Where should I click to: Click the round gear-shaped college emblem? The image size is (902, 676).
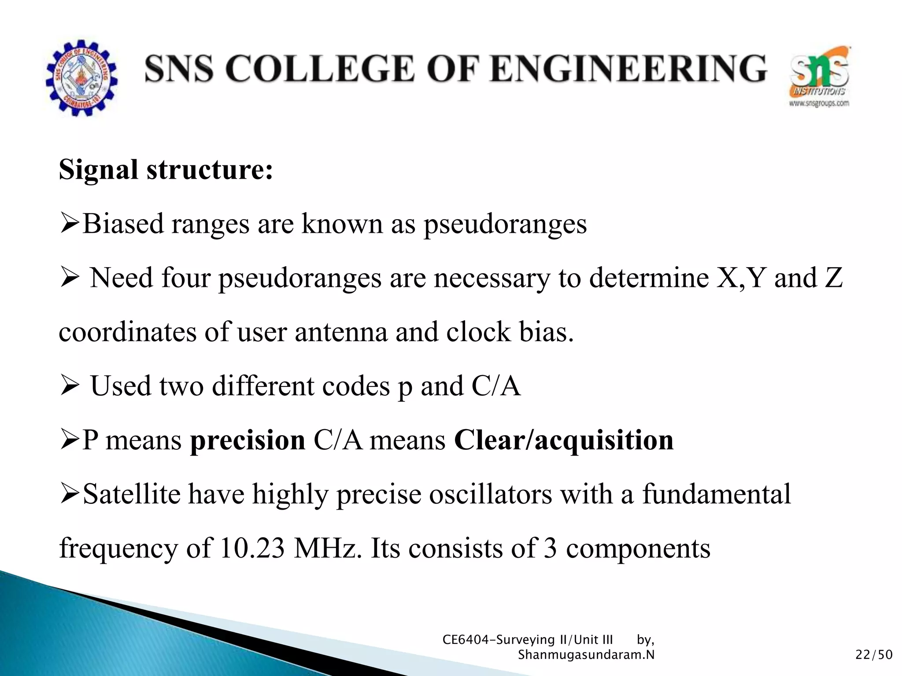[x=81, y=78]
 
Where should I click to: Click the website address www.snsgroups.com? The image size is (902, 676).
[x=819, y=104]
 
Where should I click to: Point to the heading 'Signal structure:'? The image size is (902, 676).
[x=166, y=170]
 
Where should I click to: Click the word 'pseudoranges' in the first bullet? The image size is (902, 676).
[x=505, y=224]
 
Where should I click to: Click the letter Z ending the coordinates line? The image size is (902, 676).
[x=833, y=278]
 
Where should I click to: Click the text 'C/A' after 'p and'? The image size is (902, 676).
[x=496, y=386]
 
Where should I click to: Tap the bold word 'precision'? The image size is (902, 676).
[x=248, y=440]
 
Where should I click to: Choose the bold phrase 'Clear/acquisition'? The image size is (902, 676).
[x=564, y=440]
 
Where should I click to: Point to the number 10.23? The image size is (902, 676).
[x=252, y=548]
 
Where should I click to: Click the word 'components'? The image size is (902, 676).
[x=638, y=548]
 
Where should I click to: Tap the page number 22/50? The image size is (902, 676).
[x=874, y=655]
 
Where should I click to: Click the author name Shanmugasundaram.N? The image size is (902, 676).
[x=586, y=655]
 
